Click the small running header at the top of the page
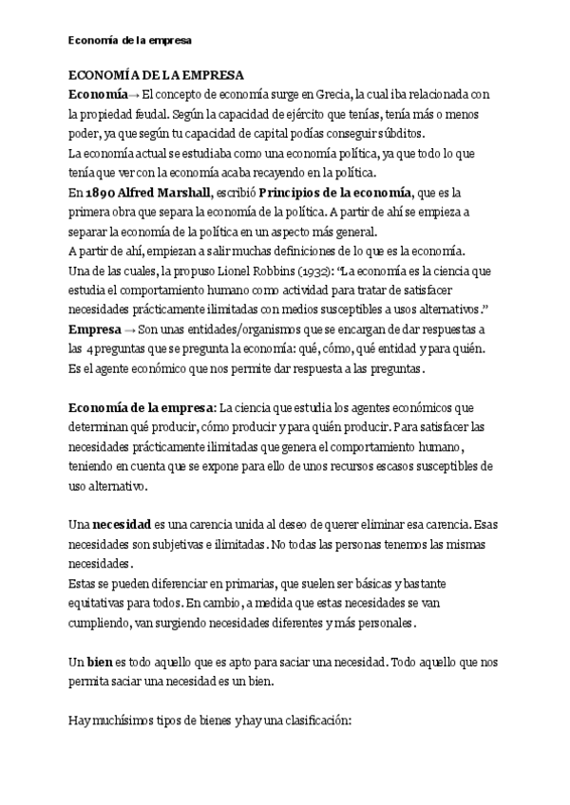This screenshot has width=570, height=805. [x=130, y=42]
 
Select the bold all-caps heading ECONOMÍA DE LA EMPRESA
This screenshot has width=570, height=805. [x=157, y=76]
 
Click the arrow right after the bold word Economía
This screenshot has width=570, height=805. [x=133, y=94]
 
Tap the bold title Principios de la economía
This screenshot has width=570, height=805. [x=336, y=192]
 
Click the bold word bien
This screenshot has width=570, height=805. [x=102, y=660]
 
